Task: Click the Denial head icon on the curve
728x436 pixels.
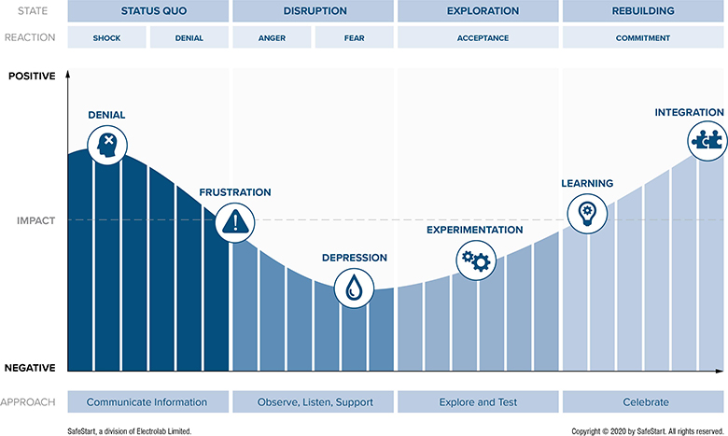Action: pyautogui.click(x=107, y=145)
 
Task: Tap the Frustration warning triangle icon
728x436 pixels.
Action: pyautogui.click(x=234, y=221)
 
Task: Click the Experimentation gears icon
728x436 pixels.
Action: pyautogui.click(x=474, y=259)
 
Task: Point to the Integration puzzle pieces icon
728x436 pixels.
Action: pyautogui.click(x=705, y=141)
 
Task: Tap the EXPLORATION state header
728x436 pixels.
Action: pyautogui.click(x=478, y=11)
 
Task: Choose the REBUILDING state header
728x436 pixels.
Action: pyautogui.click(x=642, y=11)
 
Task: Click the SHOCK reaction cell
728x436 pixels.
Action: pyautogui.click(x=106, y=38)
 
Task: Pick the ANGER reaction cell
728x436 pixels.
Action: pyautogui.click(x=272, y=38)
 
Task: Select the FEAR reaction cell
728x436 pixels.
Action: pyautogui.click(x=354, y=38)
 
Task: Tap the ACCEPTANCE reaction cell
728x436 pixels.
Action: pyautogui.click(x=478, y=38)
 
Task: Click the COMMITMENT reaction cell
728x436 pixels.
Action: pyautogui.click(x=642, y=38)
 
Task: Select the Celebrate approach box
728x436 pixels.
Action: pyautogui.click(x=642, y=402)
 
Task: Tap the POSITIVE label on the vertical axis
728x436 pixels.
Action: pyautogui.click(x=32, y=76)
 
